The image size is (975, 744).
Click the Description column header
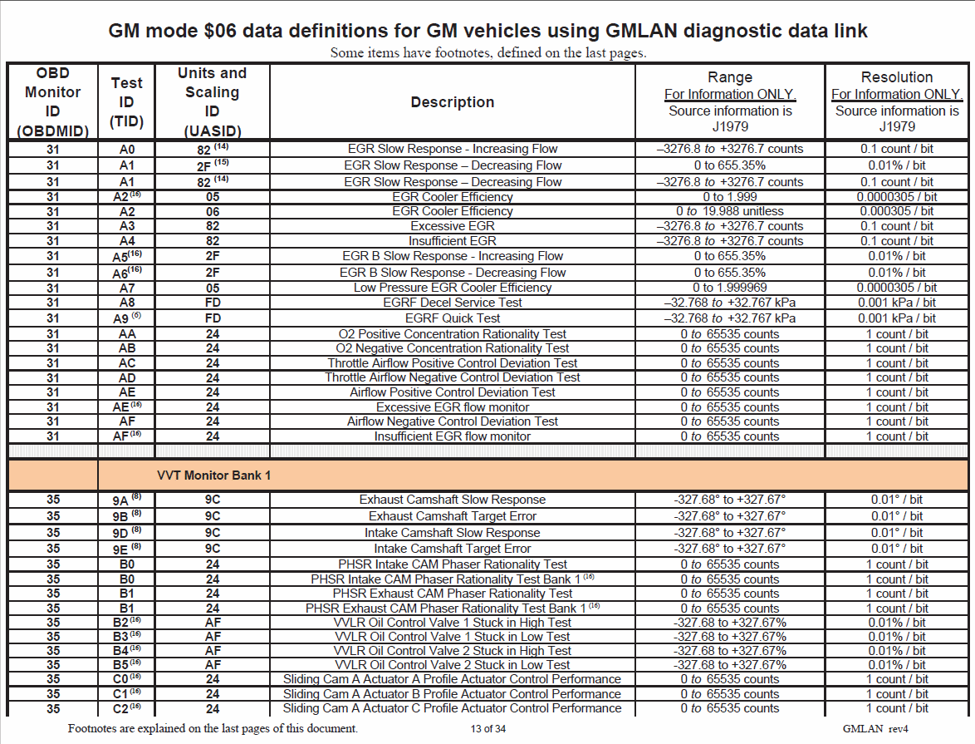pyautogui.click(x=453, y=102)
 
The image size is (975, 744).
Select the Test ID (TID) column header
pyautogui.click(x=127, y=102)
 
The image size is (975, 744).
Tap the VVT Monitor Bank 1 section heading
pyautogui.click(x=213, y=476)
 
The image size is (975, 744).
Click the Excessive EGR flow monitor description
pyautogui.click(x=453, y=407)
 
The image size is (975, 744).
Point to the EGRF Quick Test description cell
pyautogui.click(x=453, y=318)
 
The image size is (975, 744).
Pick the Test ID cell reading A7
pyautogui.click(x=127, y=288)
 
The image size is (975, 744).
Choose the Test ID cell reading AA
pyautogui.click(x=127, y=334)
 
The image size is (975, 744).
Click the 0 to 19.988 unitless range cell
pyautogui.click(x=730, y=211)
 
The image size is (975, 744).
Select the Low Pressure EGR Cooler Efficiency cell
pyautogui.click(x=453, y=288)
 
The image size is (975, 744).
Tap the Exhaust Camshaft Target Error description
pyautogui.click(x=453, y=516)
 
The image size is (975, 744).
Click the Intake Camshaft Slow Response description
pyautogui.click(x=453, y=533)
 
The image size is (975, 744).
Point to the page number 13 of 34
pyautogui.click(x=487, y=729)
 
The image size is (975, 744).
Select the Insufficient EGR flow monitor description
pyautogui.click(x=453, y=436)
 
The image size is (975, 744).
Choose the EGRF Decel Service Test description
pyautogui.click(x=453, y=303)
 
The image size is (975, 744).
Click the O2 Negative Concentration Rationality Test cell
pyautogui.click(x=453, y=348)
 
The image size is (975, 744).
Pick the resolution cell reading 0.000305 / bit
pyautogui.click(x=896, y=211)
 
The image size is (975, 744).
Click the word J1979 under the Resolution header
pyautogui.click(x=896, y=126)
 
